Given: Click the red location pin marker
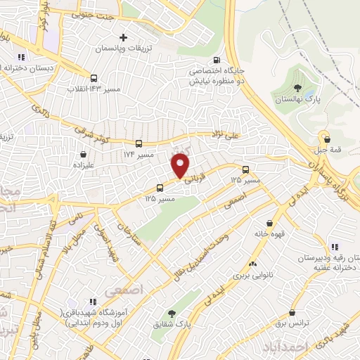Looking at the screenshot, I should [181, 167].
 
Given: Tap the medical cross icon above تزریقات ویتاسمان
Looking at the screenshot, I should [124, 37].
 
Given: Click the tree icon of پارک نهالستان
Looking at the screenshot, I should [298, 89].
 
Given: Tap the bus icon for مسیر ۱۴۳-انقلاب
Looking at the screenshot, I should [94, 79].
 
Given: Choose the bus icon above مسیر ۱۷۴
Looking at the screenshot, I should [139, 143].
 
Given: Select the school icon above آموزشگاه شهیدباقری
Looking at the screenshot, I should [92, 301].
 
